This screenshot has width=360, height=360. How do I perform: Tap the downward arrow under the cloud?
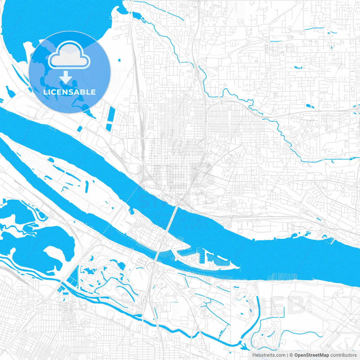[x=66, y=77]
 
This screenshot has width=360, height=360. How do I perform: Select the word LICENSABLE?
[x=69, y=92]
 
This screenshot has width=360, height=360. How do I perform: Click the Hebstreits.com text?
[x=269, y=355]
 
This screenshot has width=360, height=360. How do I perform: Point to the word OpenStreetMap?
[x=311, y=355]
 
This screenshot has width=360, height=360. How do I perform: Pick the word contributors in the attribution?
[x=343, y=355]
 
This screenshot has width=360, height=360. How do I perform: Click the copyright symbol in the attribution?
[x=291, y=355]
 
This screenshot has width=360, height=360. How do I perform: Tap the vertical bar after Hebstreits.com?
[x=287, y=355]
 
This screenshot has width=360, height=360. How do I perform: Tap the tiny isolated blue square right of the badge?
[x=119, y=60]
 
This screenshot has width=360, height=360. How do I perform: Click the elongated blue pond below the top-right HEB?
[x=297, y=67]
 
